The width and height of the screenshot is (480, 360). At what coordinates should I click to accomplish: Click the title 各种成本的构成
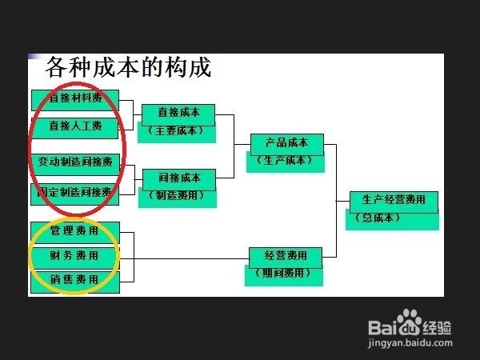pyautogui.click(x=129, y=67)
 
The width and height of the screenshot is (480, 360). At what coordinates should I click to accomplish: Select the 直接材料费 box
pyautogui.click(x=75, y=98)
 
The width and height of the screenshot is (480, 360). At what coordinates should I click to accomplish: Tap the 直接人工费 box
pyautogui.click(x=75, y=126)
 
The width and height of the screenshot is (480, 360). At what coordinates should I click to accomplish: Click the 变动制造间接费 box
pyautogui.click(x=75, y=162)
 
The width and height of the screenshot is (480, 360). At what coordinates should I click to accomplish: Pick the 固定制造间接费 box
pyautogui.click(x=75, y=192)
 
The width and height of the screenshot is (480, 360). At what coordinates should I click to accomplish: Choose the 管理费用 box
pyautogui.click(x=74, y=231)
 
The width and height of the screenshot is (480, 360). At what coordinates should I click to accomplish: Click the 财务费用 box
pyautogui.click(x=74, y=256)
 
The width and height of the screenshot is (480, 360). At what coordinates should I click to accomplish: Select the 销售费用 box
pyautogui.click(x=74, y=280)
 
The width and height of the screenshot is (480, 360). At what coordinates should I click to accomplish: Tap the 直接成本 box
pyautogui.click(x=178, y=114)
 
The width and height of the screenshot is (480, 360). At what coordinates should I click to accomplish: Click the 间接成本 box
pyautogui.click(x=178, y=178)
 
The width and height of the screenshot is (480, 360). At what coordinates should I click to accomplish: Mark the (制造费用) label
pyautogui.click(x=177, y=195)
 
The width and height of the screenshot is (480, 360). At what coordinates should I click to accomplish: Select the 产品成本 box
pyautogui.click(x=286, y=144)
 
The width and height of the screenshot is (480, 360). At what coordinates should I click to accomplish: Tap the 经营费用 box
pyautogui.click(x=286, y=257)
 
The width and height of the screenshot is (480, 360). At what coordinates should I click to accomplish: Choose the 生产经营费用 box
pyautogui.click(x=394, y=201)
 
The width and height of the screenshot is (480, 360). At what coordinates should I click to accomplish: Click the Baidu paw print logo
pyautogui.click(x=410, y=322)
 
